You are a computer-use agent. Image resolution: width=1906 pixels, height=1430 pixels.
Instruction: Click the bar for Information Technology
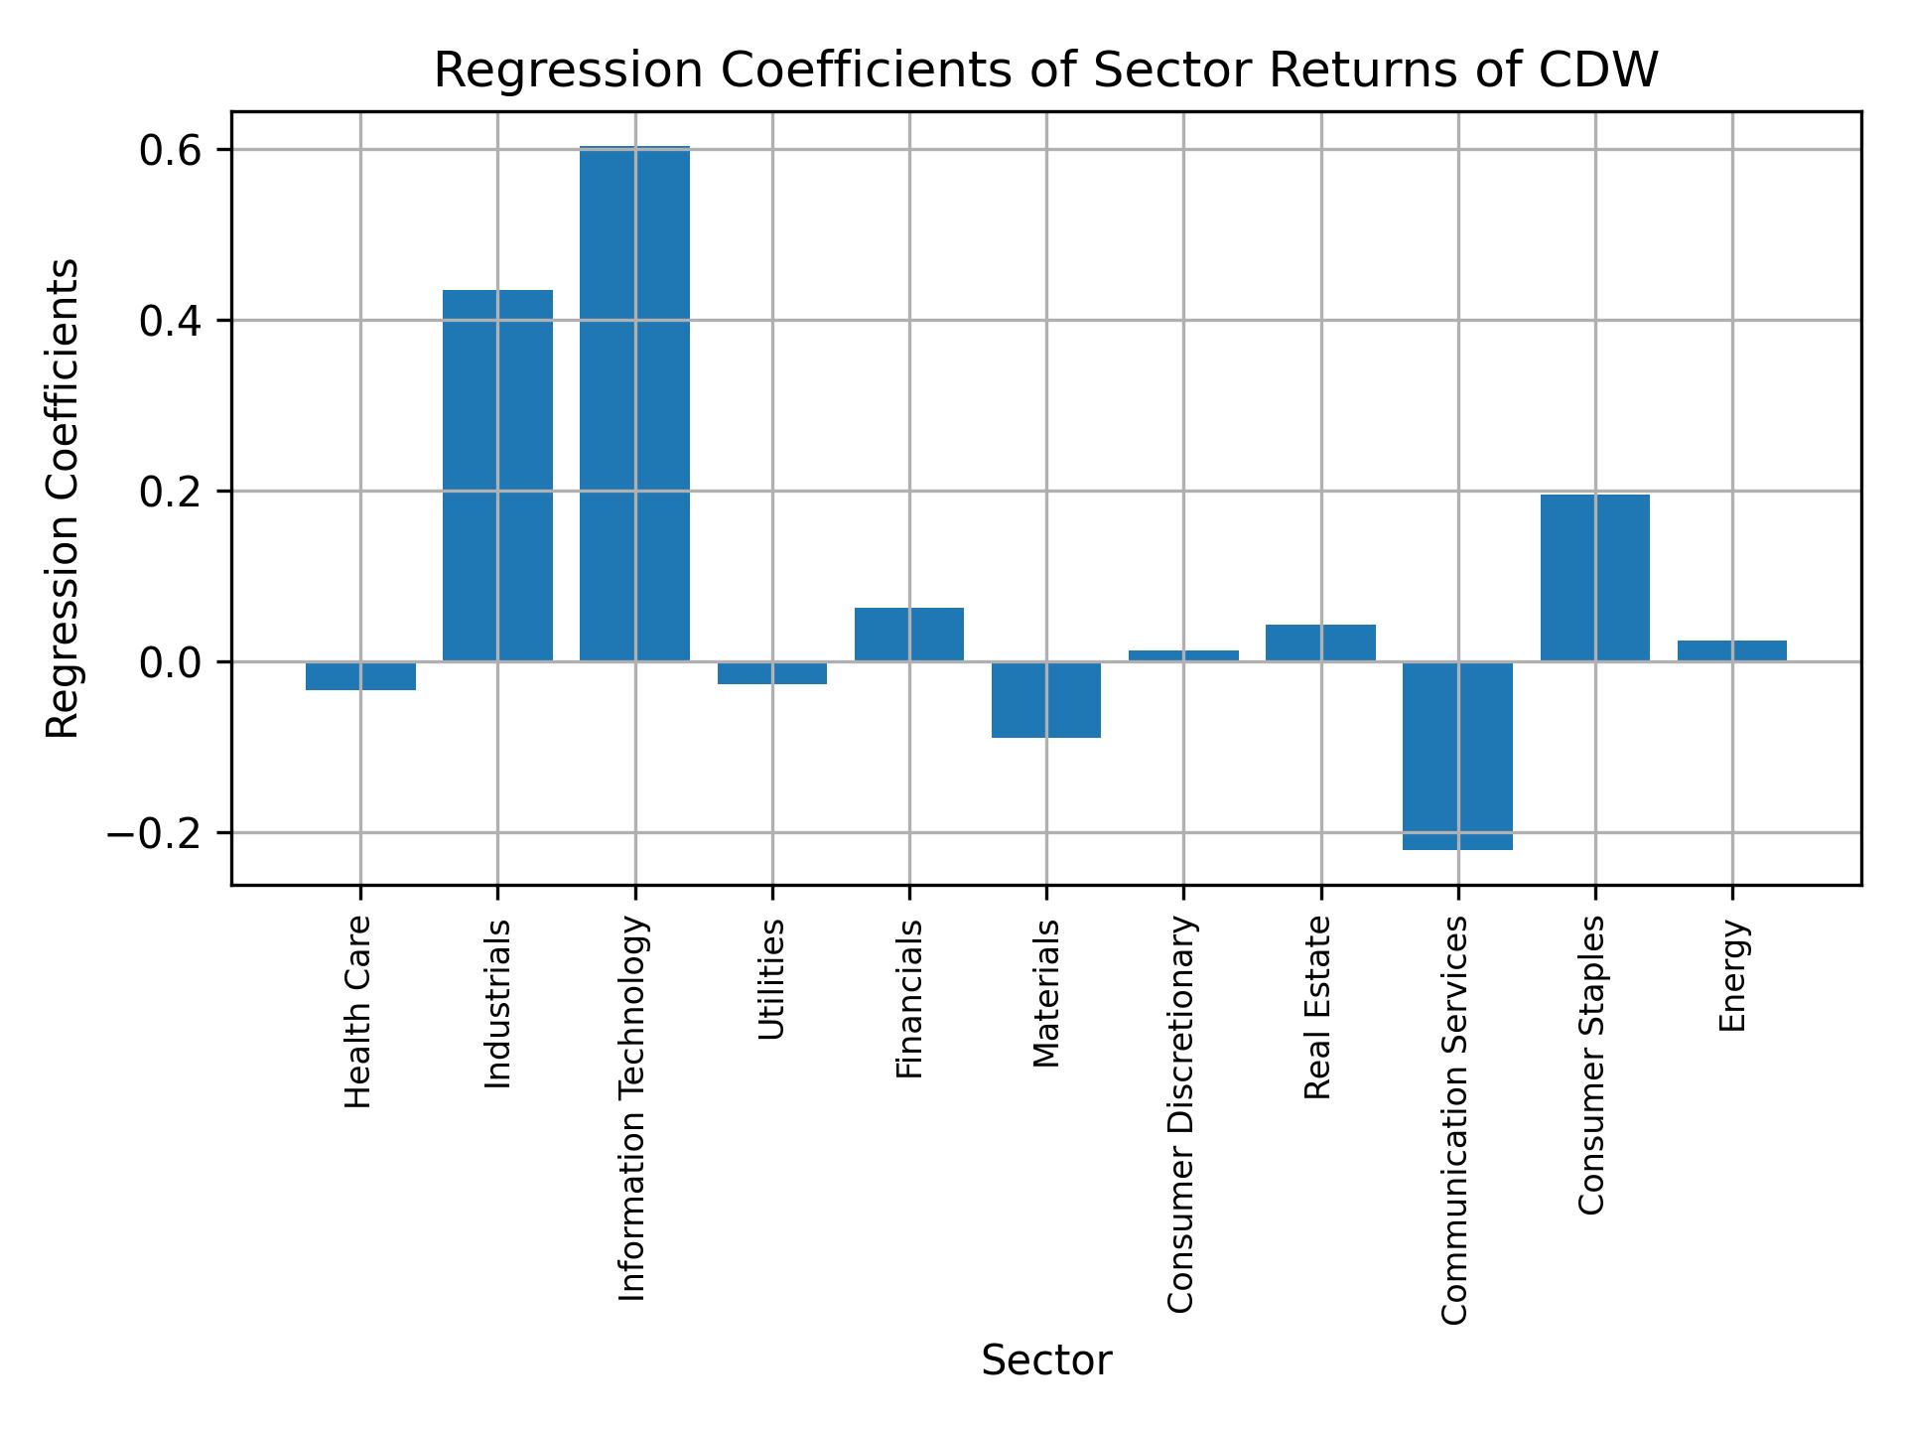634,403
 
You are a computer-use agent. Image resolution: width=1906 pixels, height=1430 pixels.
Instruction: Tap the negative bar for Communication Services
1457,756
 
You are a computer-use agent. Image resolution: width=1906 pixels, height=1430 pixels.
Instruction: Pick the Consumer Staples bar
1594,577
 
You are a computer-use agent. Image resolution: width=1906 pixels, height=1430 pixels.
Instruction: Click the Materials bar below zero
1046,699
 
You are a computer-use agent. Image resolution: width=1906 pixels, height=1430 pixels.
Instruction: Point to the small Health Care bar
360,676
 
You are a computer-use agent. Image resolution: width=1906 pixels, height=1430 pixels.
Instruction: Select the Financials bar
909,634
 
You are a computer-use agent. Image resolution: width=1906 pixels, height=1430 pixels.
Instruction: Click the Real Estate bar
1320,643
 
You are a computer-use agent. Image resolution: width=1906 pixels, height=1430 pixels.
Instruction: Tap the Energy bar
1731,650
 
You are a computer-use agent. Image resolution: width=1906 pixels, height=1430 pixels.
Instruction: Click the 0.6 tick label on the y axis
170,151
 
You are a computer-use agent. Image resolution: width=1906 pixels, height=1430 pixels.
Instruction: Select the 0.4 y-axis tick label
170,322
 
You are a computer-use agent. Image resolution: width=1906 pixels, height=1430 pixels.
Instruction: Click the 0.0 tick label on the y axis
170,662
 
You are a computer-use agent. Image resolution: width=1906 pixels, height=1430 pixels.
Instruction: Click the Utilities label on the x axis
771,979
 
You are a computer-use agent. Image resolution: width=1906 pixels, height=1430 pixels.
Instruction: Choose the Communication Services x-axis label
1454,1120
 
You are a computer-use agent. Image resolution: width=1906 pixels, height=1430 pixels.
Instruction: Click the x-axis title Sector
1046,1360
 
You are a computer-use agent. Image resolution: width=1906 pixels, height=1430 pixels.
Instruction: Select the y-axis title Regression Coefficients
64,499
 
